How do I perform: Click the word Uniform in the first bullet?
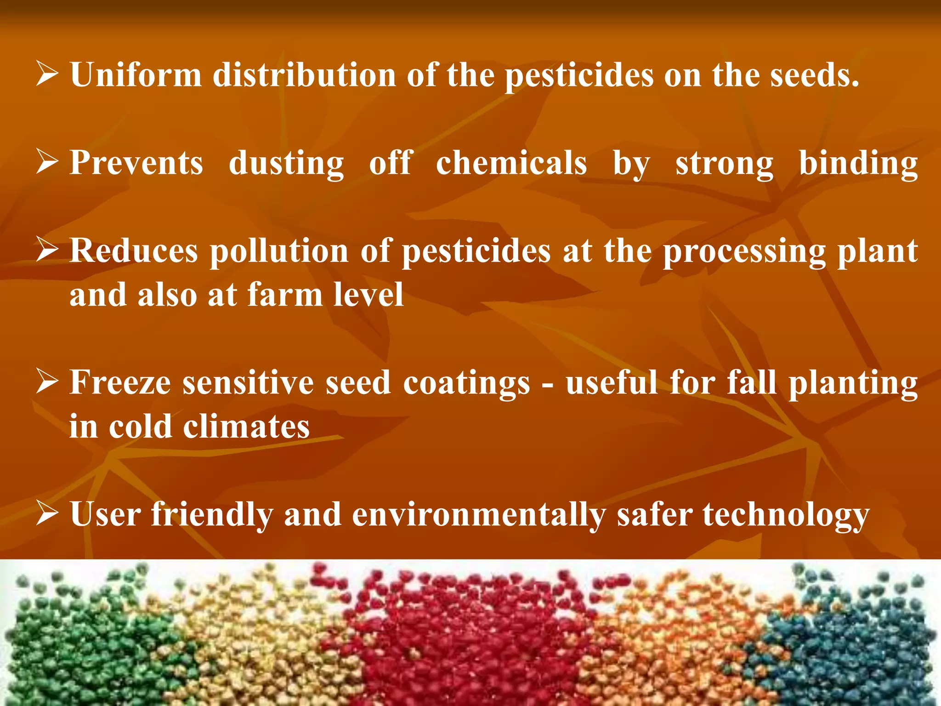(136, 74)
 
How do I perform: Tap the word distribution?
(304, 74)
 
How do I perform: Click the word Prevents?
(136, 163)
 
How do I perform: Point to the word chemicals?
(511, 163)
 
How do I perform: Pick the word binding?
(858, 164)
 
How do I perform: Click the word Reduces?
(134, 251)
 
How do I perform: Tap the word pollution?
(279, 252)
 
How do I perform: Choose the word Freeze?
(120, 382)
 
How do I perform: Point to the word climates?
(246, 427)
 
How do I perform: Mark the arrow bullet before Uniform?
(46, 75)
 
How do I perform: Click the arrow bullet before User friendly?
(46, 514)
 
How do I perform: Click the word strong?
(724, 164)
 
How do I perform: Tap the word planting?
(853, 383)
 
